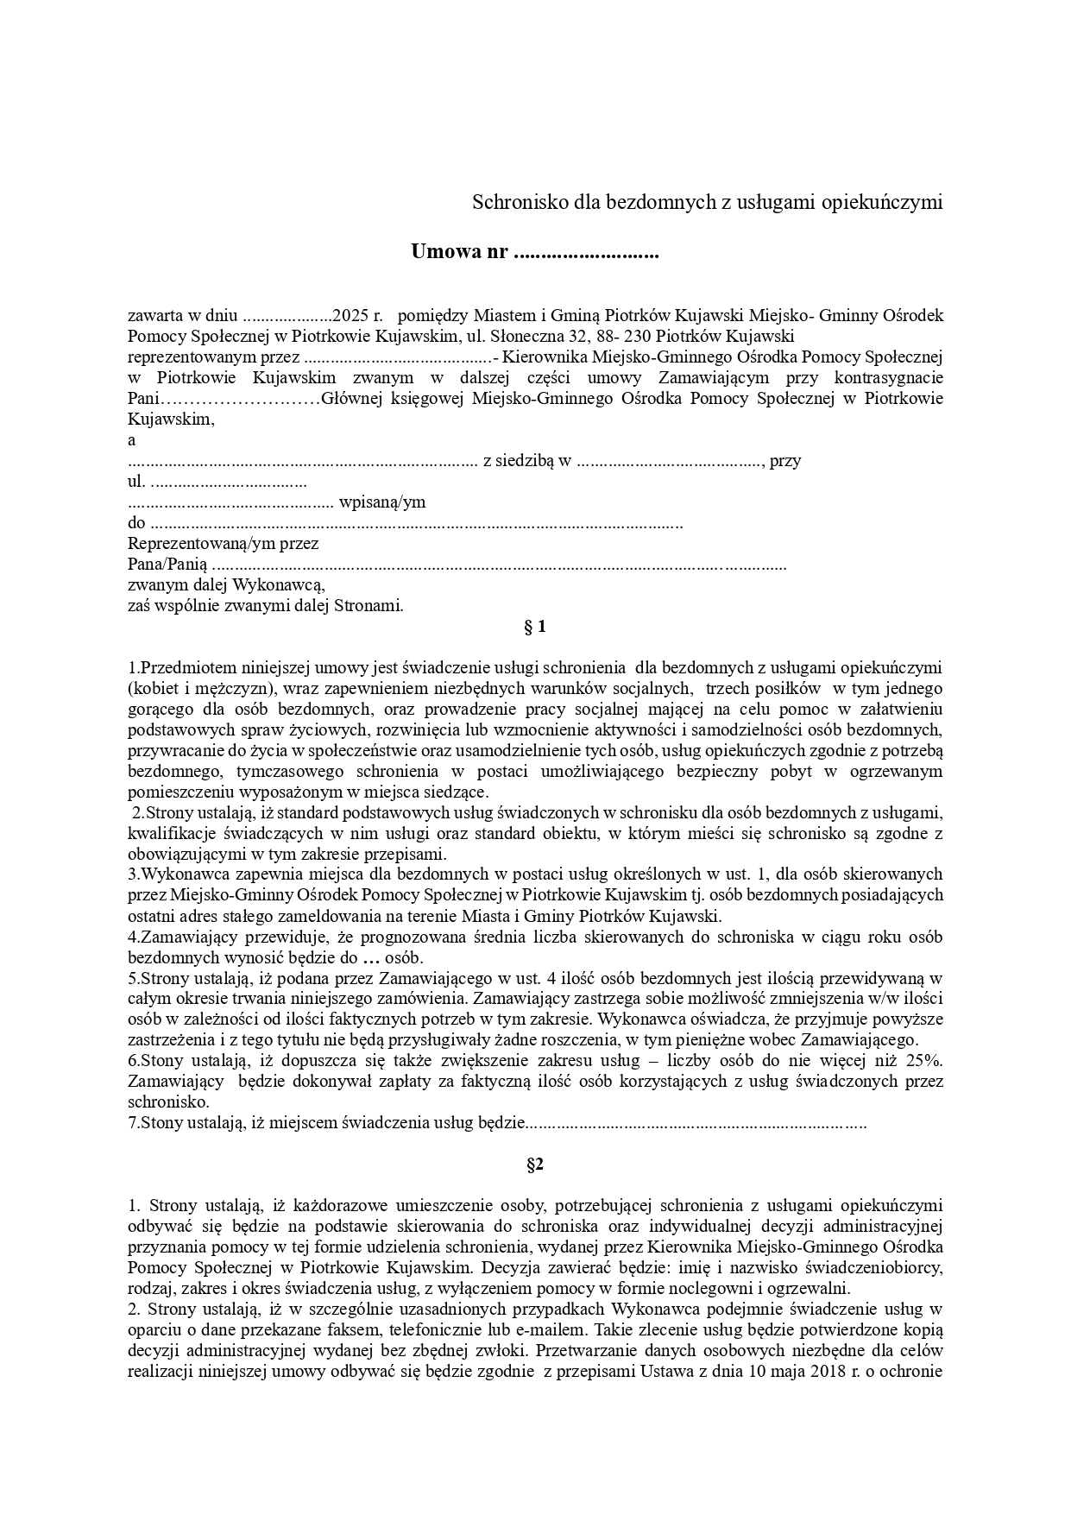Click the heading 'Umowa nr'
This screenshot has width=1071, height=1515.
click(x=459, y=253)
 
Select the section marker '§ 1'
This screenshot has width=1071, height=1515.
click(x=535, y=628)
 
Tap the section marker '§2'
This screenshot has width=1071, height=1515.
click(x=535, y=1165)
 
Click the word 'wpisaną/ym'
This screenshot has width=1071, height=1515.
click(x=382, y=502)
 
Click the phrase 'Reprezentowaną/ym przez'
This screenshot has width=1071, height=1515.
click(x=223, y=544)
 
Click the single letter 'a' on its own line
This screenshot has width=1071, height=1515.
click(x=132, y=440)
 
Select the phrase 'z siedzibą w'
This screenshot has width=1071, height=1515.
click(x=527, y=461)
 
